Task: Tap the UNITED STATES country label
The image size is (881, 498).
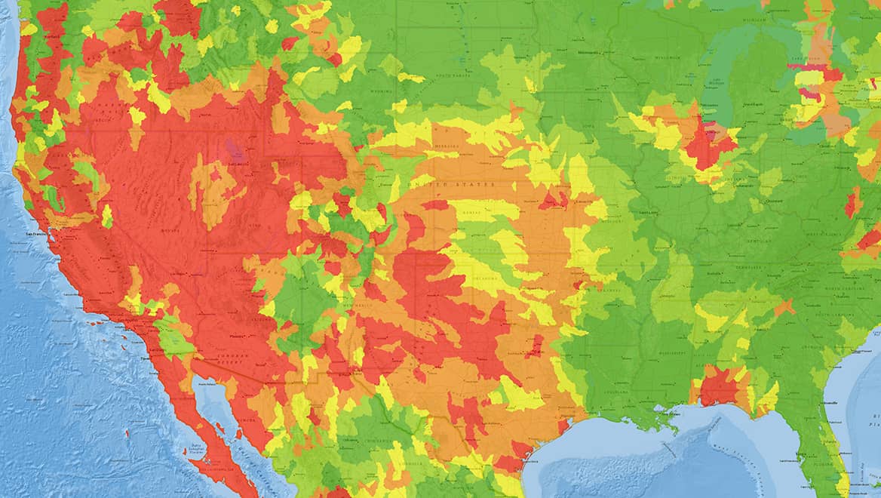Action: [450, 184]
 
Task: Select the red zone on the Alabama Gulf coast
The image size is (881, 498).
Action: [718, 388]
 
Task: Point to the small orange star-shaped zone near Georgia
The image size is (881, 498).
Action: [784, 307]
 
